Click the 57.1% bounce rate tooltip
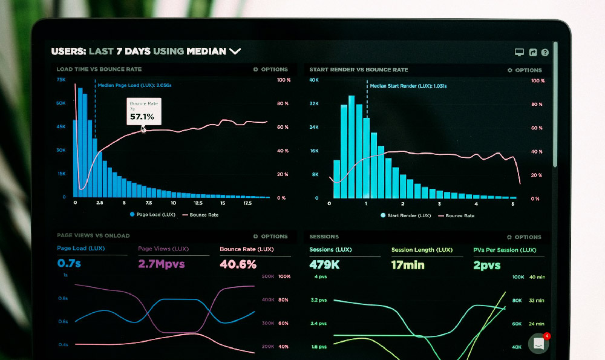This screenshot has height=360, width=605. coord(143,111)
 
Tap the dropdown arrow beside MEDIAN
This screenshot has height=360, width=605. coord(235,51)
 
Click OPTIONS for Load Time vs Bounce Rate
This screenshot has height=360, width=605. coord(270,70)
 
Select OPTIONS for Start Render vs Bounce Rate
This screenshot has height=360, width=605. coord(525,70)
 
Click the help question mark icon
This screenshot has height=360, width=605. coord(545,53)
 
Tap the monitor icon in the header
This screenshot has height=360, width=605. coord(519,53)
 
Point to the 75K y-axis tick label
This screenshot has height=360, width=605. coord(61,79)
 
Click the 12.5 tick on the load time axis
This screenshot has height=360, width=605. coord(198,203)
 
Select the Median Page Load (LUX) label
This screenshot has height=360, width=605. coord(134,85)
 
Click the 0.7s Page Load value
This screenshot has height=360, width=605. coord(70,264)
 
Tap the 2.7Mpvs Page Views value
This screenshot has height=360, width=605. coord(161,264)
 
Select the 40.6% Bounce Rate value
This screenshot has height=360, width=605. coord(238,264)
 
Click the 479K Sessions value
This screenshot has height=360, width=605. coord(324,265)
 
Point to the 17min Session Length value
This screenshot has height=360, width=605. coord(407,265)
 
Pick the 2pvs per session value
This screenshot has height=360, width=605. coord(487,265)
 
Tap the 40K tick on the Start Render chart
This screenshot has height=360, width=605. coord(313,80)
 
